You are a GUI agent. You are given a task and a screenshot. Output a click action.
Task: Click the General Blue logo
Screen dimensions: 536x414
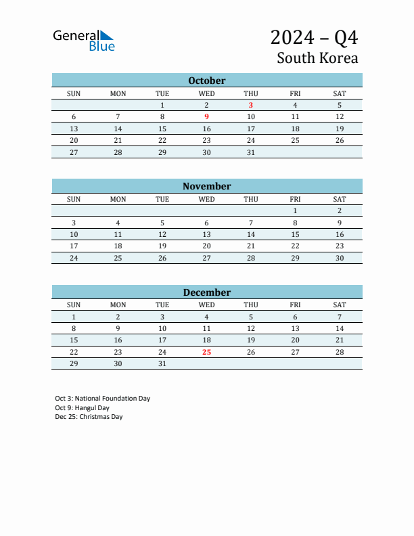(x=84, y=41)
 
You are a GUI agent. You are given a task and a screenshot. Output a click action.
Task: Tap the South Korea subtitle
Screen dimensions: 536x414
(x=317, y=58)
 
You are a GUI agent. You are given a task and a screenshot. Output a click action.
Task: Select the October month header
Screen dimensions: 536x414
(x=206, y=81)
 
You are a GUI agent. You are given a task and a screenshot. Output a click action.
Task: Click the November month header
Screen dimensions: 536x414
(x=206, y=186)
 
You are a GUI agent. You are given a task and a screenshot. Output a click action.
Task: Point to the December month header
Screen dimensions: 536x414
(x=206, y=292)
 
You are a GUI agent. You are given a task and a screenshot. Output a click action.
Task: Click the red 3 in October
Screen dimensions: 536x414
(x=251, y=105)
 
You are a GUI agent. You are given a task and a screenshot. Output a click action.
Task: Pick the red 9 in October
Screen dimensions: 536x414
(x=206, y=116)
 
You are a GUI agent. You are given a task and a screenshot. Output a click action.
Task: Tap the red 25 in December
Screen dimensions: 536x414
(x=206, y=352)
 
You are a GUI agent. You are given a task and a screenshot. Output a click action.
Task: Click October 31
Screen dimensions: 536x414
(x=251, y=152)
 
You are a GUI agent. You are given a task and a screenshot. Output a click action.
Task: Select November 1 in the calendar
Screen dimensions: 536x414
(x=295, y=210)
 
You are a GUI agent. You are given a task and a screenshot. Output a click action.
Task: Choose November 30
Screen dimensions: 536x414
(x=340, y=258)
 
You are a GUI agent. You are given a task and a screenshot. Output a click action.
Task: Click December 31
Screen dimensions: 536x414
(x=162, y=363)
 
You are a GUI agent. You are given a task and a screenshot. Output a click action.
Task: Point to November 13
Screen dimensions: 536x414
(x=206, y=234)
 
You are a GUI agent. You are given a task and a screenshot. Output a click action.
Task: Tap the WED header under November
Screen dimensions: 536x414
(x=206, y=199)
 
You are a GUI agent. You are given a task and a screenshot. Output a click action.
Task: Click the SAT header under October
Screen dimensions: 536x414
(x=340, y=93)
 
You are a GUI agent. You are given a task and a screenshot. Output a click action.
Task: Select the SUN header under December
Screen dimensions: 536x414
(x=74, y=305)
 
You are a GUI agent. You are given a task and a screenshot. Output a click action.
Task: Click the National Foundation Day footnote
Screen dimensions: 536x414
(x=103, y=399)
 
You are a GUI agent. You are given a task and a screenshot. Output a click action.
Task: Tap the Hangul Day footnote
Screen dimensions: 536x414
(x=82, y=408)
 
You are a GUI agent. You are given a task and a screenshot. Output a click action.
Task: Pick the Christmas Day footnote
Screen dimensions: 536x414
(x=89, y=417)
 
